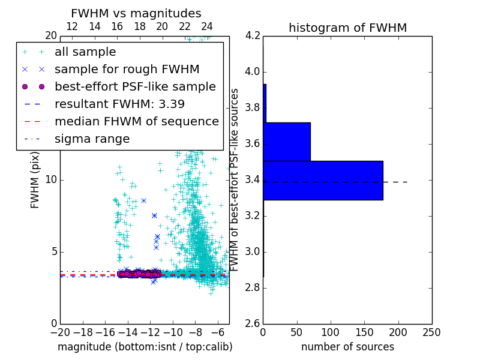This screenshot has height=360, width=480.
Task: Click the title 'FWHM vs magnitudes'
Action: pyautogui.click(x=136, y=13)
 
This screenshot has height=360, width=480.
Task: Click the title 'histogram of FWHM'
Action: pyautogui.click(x=347, y=28)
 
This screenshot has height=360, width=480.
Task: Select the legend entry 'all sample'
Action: pyautogui.click(x=85, y=52)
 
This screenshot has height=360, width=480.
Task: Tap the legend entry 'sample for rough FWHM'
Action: pyautogui.click(x=127, y=69)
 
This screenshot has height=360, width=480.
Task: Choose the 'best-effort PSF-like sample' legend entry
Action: pyautogui.click(x=135, y=86)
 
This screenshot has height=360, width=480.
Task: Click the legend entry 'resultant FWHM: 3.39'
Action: pyautogui.click(x=119, y=104)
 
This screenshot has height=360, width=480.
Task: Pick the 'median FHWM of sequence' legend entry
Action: pyautogui.click(x=136, y=121)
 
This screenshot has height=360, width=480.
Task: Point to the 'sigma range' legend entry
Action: pyautogui.click(x=92, y=139)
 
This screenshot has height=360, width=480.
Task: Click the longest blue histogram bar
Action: pyautogui.click(x=323, y=180)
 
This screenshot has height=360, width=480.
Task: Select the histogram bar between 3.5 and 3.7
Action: pyautogui.click(x=287, y=142)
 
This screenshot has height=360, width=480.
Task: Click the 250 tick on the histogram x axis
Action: pyautogui.click(x=431, y=332)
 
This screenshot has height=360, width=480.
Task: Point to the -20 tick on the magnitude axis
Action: pyautogui.click(x=60, y=332)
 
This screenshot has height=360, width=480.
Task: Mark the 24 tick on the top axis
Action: pyautogui.click(x=207, y=26)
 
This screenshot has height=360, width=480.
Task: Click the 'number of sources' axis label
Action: pyautogui.click(x=347, y=347)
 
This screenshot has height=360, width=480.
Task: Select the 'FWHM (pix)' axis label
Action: pyautogui.click(x=35, y=179)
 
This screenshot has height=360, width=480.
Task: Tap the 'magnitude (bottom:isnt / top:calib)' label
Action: pyautogui.click(x=145, y=347)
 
